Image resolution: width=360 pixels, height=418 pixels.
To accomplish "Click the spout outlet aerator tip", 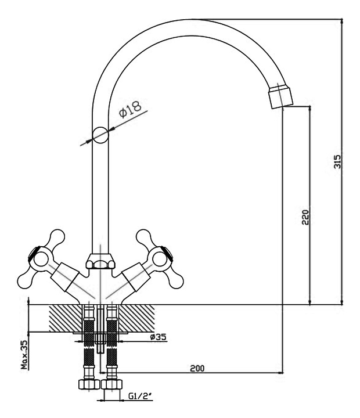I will pyautogui.click(x=281, y=96).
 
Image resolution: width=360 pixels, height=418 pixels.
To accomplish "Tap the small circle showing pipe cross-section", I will pyautogui.click(x=100, y=135).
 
